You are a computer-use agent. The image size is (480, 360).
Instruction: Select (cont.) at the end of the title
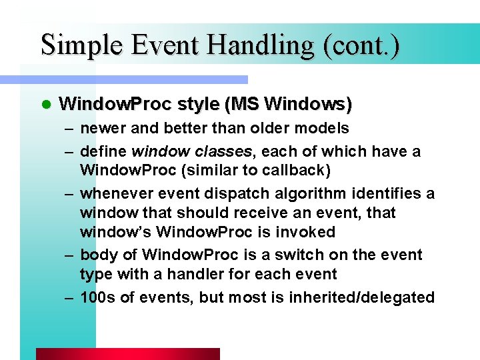click(360, 45)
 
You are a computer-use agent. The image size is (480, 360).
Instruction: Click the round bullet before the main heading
click(45, 105)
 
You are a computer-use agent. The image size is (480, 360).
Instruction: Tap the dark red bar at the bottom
click(127, 354)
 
